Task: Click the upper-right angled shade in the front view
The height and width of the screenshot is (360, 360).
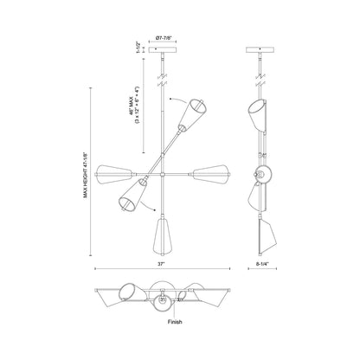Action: coord(193,115)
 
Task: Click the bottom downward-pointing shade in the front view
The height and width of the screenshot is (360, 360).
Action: coord(162,235)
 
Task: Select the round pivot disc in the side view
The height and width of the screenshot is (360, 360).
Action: coord(264,173)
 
